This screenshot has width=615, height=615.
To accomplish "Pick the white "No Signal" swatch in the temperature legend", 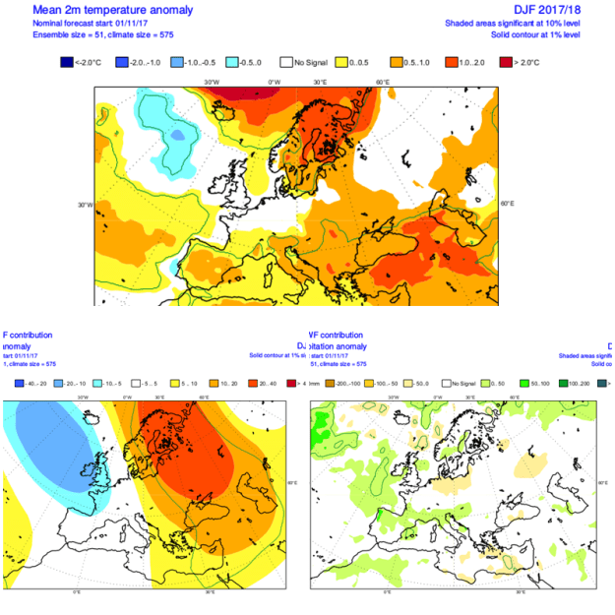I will [x=287, y=62].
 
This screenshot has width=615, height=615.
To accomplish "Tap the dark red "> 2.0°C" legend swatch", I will [x=505, y=62].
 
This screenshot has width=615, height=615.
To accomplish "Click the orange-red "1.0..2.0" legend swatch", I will [x=452, y=62].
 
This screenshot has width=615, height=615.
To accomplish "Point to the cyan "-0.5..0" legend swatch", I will [x=232, y=62].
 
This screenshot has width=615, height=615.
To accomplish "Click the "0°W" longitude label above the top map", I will [x=275, y=82].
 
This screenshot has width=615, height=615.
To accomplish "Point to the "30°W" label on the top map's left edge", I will [x=86, y=205].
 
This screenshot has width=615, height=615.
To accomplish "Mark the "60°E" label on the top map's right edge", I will [x=508, y=204].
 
